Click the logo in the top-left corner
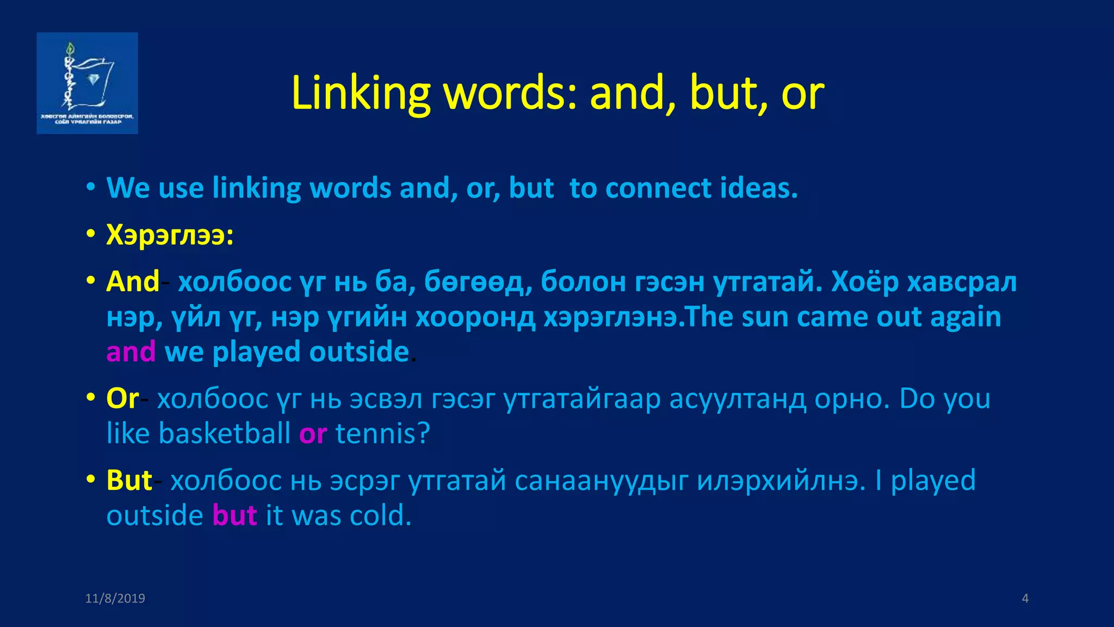point(87,83)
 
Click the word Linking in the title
point(361,93)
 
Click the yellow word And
point(133,282)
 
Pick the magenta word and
point(131,352)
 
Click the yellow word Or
point(123,398)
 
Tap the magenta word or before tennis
point(313,434)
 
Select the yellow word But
point(129,481)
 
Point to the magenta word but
point(234,515)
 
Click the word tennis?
point(383,434)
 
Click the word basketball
point(225,434)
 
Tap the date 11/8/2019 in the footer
point(115,598)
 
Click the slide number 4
point(1025,598)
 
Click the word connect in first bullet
point(658,188)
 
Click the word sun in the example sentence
point(766,317)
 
